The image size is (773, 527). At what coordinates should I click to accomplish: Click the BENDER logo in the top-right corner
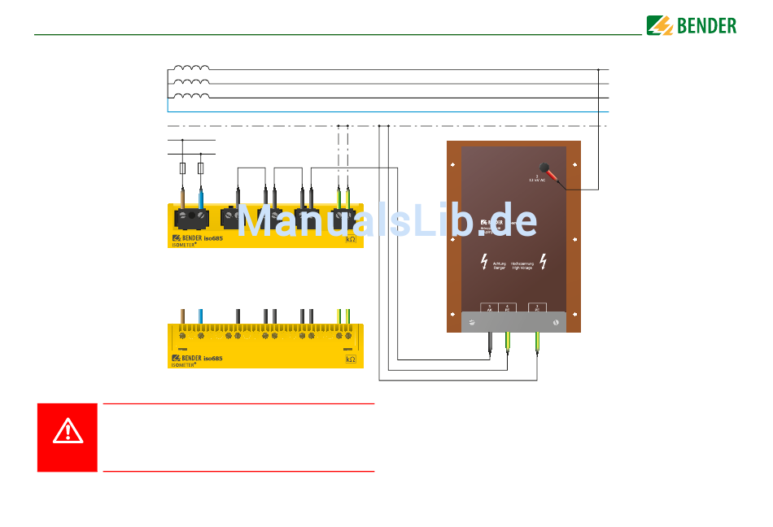[x=692, y=25]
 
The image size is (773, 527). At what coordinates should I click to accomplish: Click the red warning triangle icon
[x=68, y=429]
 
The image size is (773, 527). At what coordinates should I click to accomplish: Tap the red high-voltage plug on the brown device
[x=552, y=173]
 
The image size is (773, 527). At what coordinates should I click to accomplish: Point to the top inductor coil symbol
[x=191, y=68]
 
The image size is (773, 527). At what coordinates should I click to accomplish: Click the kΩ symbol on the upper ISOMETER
[x=351, y=239]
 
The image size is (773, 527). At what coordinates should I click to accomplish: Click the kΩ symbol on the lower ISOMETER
[x=351, y=359]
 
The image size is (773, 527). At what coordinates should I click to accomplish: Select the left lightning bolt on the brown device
[x=485, y=262]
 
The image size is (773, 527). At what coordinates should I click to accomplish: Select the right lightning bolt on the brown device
[x=543, y=262]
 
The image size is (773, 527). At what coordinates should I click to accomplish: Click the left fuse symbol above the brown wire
[x=182, y=168]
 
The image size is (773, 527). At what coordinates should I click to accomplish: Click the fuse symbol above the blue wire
[x=200, y=168]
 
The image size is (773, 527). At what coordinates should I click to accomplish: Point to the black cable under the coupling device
[x=489, y=342]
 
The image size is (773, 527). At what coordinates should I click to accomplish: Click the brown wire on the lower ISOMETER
[x=183, y=316]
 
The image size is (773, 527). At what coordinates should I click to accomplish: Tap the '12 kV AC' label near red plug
[x=537, y=180]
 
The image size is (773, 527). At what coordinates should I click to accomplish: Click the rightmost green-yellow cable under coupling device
[x=538, y=342]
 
